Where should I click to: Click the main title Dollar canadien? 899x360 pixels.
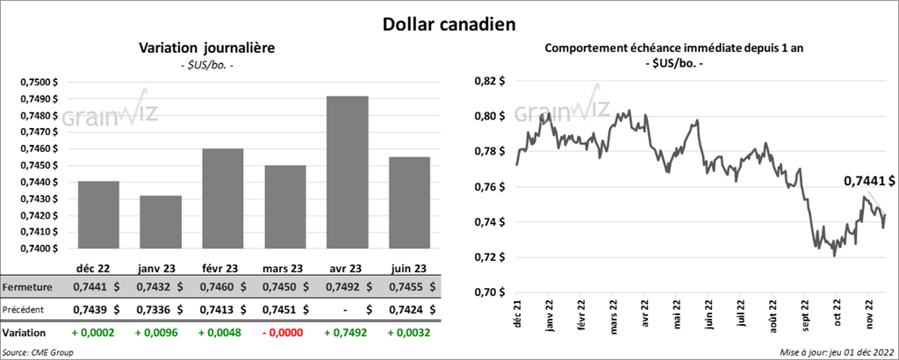[x=449, y=25]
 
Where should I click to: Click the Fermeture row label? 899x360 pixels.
[x=30, y=287]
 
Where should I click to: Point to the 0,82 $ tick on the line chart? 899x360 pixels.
[x=490, y=81]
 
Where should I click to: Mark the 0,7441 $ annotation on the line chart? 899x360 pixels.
[x=868, y=181]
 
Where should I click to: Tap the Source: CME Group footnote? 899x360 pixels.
[x=39, y=352]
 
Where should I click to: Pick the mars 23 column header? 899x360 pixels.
[x=284, y=269]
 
